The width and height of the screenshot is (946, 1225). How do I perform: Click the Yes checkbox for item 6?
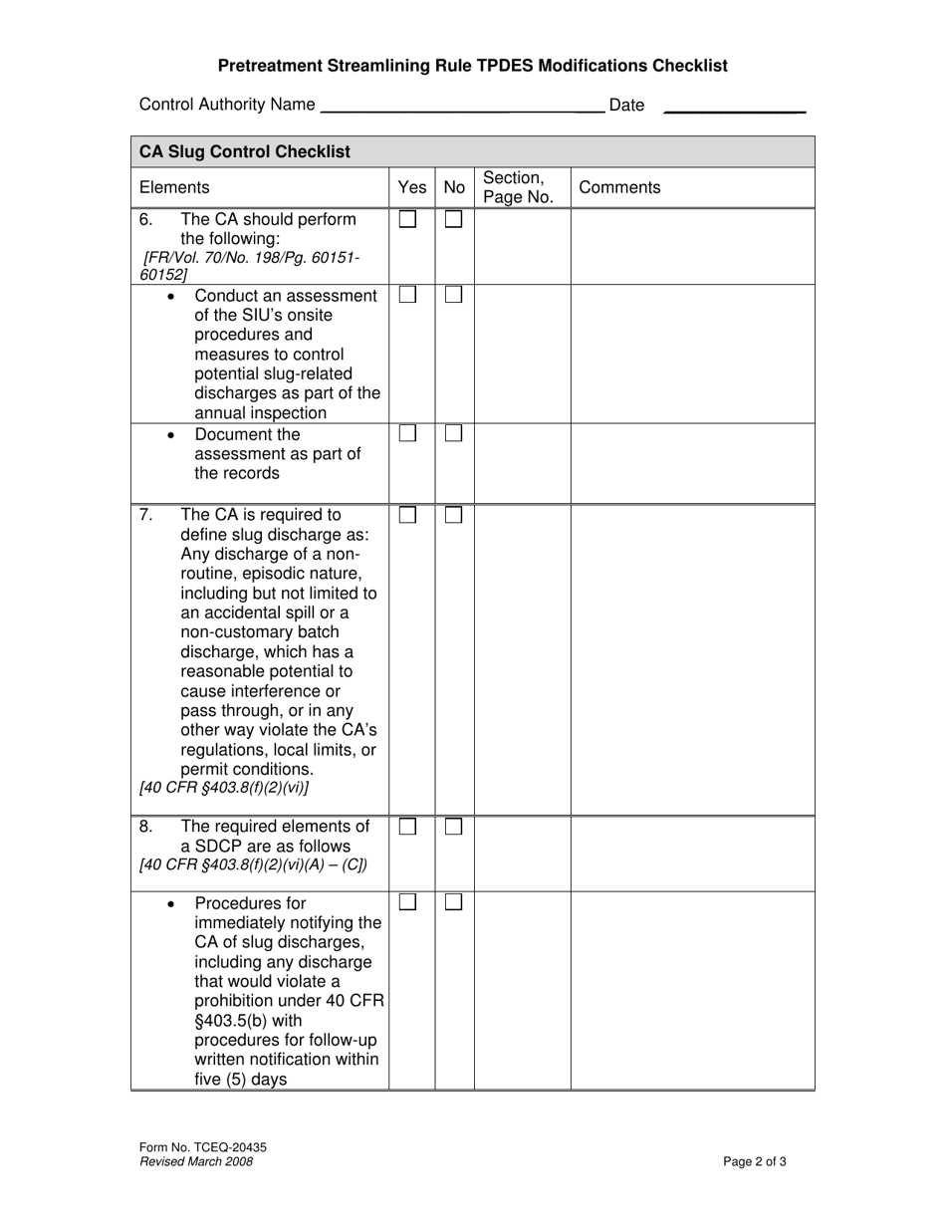tap(407, 219)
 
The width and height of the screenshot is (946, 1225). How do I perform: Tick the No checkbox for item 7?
tap(453, 515)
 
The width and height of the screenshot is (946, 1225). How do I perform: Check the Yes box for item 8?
tap(407, 827)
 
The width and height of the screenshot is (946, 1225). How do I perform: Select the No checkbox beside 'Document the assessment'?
tap(453, 434)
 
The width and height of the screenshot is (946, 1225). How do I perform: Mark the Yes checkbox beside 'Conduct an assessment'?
tap(407, 295)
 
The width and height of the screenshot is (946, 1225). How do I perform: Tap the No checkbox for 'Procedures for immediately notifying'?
tap(453, 902)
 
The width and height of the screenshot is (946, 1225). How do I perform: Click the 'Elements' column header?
tap(174, 187)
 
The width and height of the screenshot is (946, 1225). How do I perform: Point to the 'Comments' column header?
tap(619, 187)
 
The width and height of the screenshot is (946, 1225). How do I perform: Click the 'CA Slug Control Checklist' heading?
tap(245, 151)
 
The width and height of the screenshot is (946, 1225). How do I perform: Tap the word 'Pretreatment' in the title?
tap(265, 66)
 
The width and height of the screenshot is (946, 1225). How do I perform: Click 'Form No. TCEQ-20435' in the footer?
tap(203, 1147)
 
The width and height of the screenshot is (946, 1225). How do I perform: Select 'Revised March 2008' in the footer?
tap(196, 1161)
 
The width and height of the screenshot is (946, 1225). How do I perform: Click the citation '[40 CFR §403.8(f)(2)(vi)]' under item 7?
tap(224, 788)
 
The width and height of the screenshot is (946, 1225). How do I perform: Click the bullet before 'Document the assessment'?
tap(173, 435)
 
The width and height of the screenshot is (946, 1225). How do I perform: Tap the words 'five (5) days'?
tap(240, 1079)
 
